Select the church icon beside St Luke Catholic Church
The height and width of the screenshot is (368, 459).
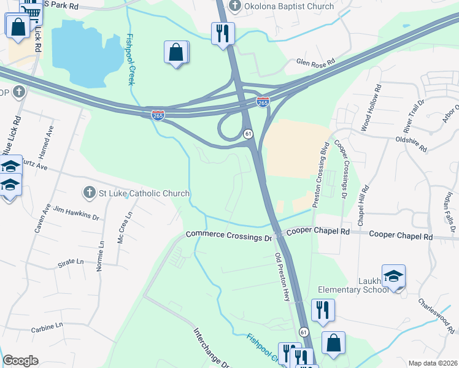90,193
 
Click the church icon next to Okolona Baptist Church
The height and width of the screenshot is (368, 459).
234,7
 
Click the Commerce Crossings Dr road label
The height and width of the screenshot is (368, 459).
229,235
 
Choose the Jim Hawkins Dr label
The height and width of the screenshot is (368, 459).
76,212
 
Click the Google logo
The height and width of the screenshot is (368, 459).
20,361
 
